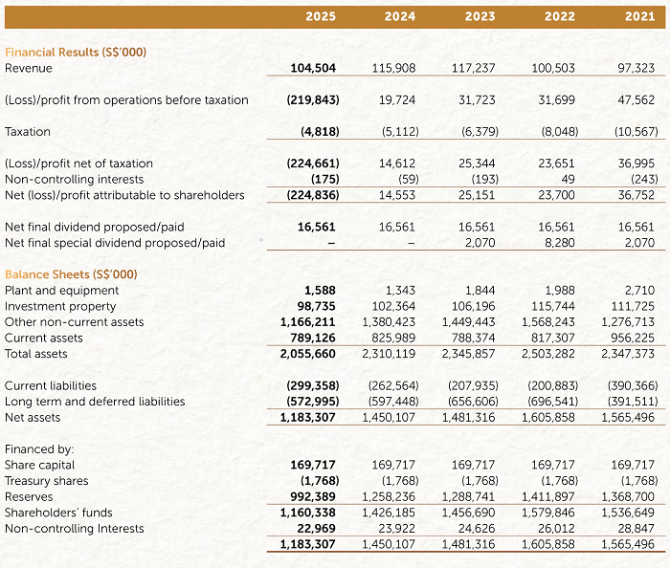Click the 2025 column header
click(x=321, y=16)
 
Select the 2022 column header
click(x=560, y=16)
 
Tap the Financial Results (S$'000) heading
click(x=76, y=52)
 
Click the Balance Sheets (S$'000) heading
click(x=71, y=274)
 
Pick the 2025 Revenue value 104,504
click(x=313, y=68)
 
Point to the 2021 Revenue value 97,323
click(x=636, y=68)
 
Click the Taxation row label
click(x=28, y=131)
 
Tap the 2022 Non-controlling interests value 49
click(x=568, y=179)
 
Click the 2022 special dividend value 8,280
click(x=560, y=243)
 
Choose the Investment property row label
click(x=60, y=306)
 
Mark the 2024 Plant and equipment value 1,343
click(x=400, y=291)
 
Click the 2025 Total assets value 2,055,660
click(x=308, y=354)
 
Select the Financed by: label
click(x=39, y=448)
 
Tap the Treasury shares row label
click(x=47, y=481)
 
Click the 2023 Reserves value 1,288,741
click(x=468, y=496)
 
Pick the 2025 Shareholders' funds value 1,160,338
click(x=308, y=513)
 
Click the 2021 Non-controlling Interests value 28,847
click(x=636, y=528)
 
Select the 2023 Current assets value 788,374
click(x=474, y=338)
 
